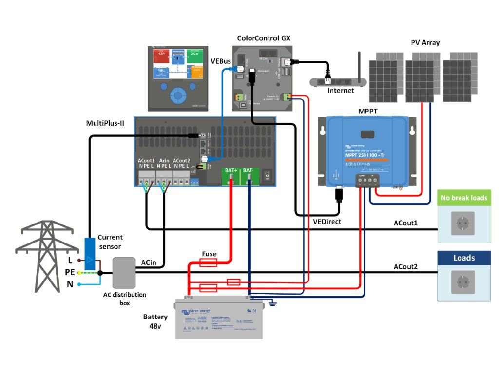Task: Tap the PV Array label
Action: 425,42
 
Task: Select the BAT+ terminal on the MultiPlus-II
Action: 231,177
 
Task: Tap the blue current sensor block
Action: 90,253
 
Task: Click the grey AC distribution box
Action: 124,273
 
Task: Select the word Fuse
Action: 210,254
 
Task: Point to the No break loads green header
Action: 464,198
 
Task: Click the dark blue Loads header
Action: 464,258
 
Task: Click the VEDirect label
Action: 326,222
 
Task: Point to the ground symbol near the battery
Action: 272,304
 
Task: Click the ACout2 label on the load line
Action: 406,267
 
